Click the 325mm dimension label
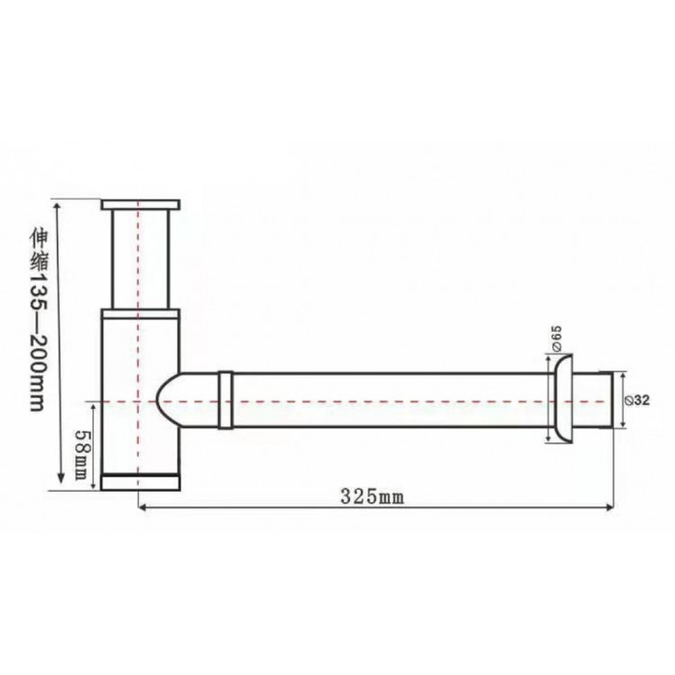point(372,497)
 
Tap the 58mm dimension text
point(82,455)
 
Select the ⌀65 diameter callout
point(556,338)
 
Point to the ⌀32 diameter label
point(636,400)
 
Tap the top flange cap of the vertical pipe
point(141,204)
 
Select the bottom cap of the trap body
point(141,482)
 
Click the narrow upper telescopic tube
point(141,259)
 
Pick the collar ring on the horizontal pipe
point(226,400)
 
